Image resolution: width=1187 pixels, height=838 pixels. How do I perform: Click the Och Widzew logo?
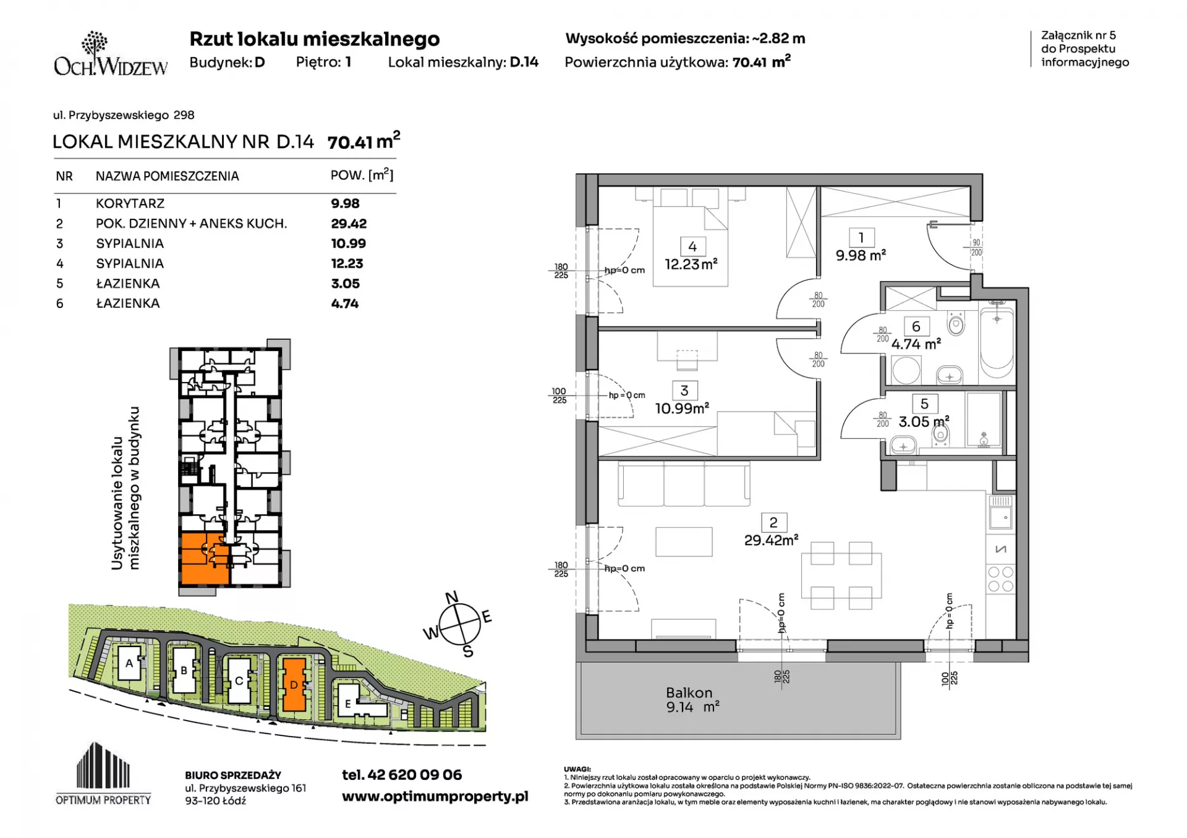[x=111, y=54]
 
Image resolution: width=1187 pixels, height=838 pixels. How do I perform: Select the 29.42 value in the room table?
[x=349, y=224]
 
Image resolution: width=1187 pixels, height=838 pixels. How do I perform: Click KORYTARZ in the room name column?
[x=130, y=203]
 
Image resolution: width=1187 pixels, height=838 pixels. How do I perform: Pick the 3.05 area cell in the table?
[x=345, y=284]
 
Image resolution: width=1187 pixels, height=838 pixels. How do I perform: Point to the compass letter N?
[x=452, y=597]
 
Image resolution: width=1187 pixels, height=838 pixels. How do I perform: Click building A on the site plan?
[x=129, y=663]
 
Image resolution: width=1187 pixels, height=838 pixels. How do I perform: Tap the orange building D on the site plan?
[x=294, y=685]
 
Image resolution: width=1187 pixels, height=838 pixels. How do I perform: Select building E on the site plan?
[x=348, y=703]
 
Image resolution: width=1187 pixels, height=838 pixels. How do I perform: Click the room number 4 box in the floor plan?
[x=692, y=247]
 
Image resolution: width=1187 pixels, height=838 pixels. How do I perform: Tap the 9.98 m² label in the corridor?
[x=861, y=255]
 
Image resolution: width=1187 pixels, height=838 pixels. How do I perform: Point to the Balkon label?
[x=689, y=693]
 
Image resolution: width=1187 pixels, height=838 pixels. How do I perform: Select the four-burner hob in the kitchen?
[x=1001, y=579]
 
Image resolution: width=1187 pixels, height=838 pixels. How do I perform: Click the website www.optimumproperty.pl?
[x=435, y=796]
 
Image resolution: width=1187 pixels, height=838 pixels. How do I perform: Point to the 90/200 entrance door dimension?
[x=976, y=248]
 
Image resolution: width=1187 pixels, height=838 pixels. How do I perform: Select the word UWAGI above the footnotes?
[x=577, y=769]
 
